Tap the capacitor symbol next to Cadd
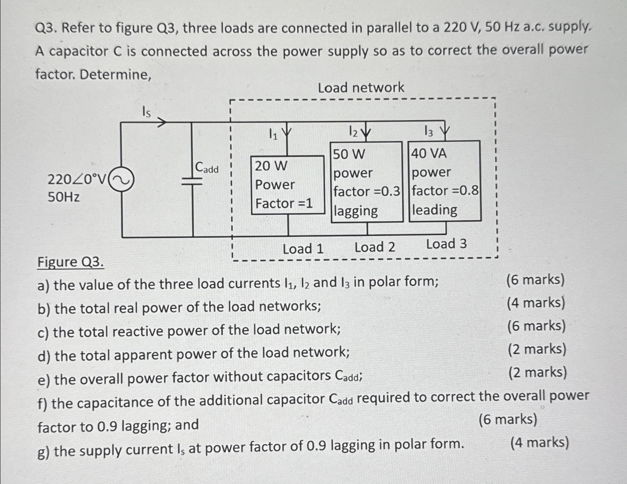[x=192, y=181]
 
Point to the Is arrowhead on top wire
[x=161, y=122]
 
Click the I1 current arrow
[x=287, y=133]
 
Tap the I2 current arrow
[x=367, y=132]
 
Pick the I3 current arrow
[x=445, y=132]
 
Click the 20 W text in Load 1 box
[x=271, y=166]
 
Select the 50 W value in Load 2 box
[x=349, y=154]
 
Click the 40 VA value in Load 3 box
[x=429, y=153]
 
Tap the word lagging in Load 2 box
[x=356, y=211]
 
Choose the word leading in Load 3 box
[x=435, y=210]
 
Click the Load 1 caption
[x=303, y=249]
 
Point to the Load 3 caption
[x=446, y=244]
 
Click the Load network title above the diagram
[x=361, y=88]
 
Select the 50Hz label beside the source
[x=64, y=197]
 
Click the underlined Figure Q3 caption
[x=70, y=262]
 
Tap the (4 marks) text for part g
[x=540, y=443]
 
